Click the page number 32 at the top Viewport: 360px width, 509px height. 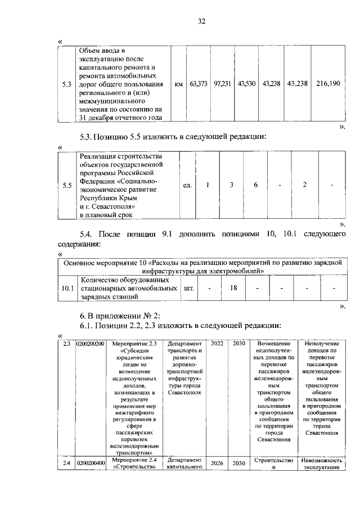[202, 21]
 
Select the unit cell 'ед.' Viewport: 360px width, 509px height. [188, 185]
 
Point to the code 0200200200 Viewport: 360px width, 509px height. [91, 343]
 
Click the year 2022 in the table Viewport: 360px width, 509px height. [217, 343]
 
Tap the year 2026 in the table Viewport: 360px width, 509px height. [217, 463]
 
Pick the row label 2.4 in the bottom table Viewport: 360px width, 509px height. [66, 463]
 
